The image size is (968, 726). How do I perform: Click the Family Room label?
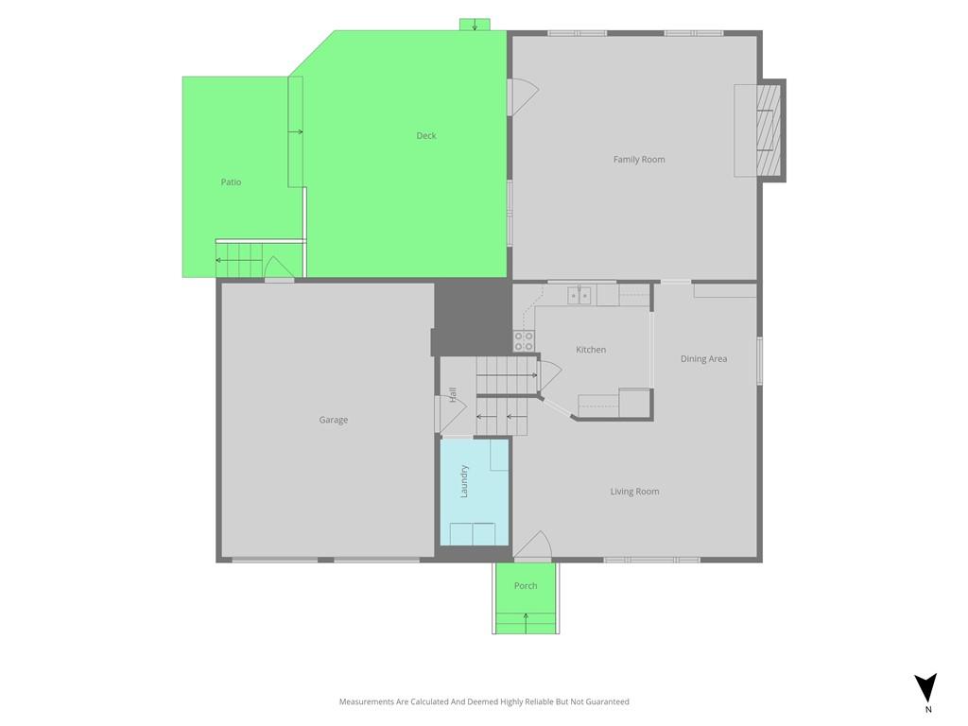click(639, 159)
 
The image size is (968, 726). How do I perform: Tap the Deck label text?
click(426, 136)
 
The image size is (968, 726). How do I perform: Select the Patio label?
click(231, 182)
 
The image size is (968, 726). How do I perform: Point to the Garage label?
click(334, 420)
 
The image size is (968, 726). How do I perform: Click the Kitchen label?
click(591, 350)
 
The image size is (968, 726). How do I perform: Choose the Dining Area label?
click(703, 358)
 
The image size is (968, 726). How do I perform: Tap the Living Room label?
click(634, 492)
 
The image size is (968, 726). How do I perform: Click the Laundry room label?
click(464, 481)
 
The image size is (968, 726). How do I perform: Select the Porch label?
click(526, 586)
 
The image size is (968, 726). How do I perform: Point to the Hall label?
click(453, 394)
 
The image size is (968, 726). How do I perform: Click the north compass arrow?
click(925, 688)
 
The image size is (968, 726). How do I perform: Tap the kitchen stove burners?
click(524, 341)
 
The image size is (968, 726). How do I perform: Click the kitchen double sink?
click(579, 296)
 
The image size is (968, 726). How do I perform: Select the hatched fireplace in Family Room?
click(769, 130)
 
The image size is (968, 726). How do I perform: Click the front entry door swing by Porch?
click(533, 545)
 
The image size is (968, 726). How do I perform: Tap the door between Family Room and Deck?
click(523, 96)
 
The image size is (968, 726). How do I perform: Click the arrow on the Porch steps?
click(526, 623)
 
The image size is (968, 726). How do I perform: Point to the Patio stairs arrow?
click(238, 260)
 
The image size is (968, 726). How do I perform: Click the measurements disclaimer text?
click(484, 701)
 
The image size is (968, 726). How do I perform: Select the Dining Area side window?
click(760, 360)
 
